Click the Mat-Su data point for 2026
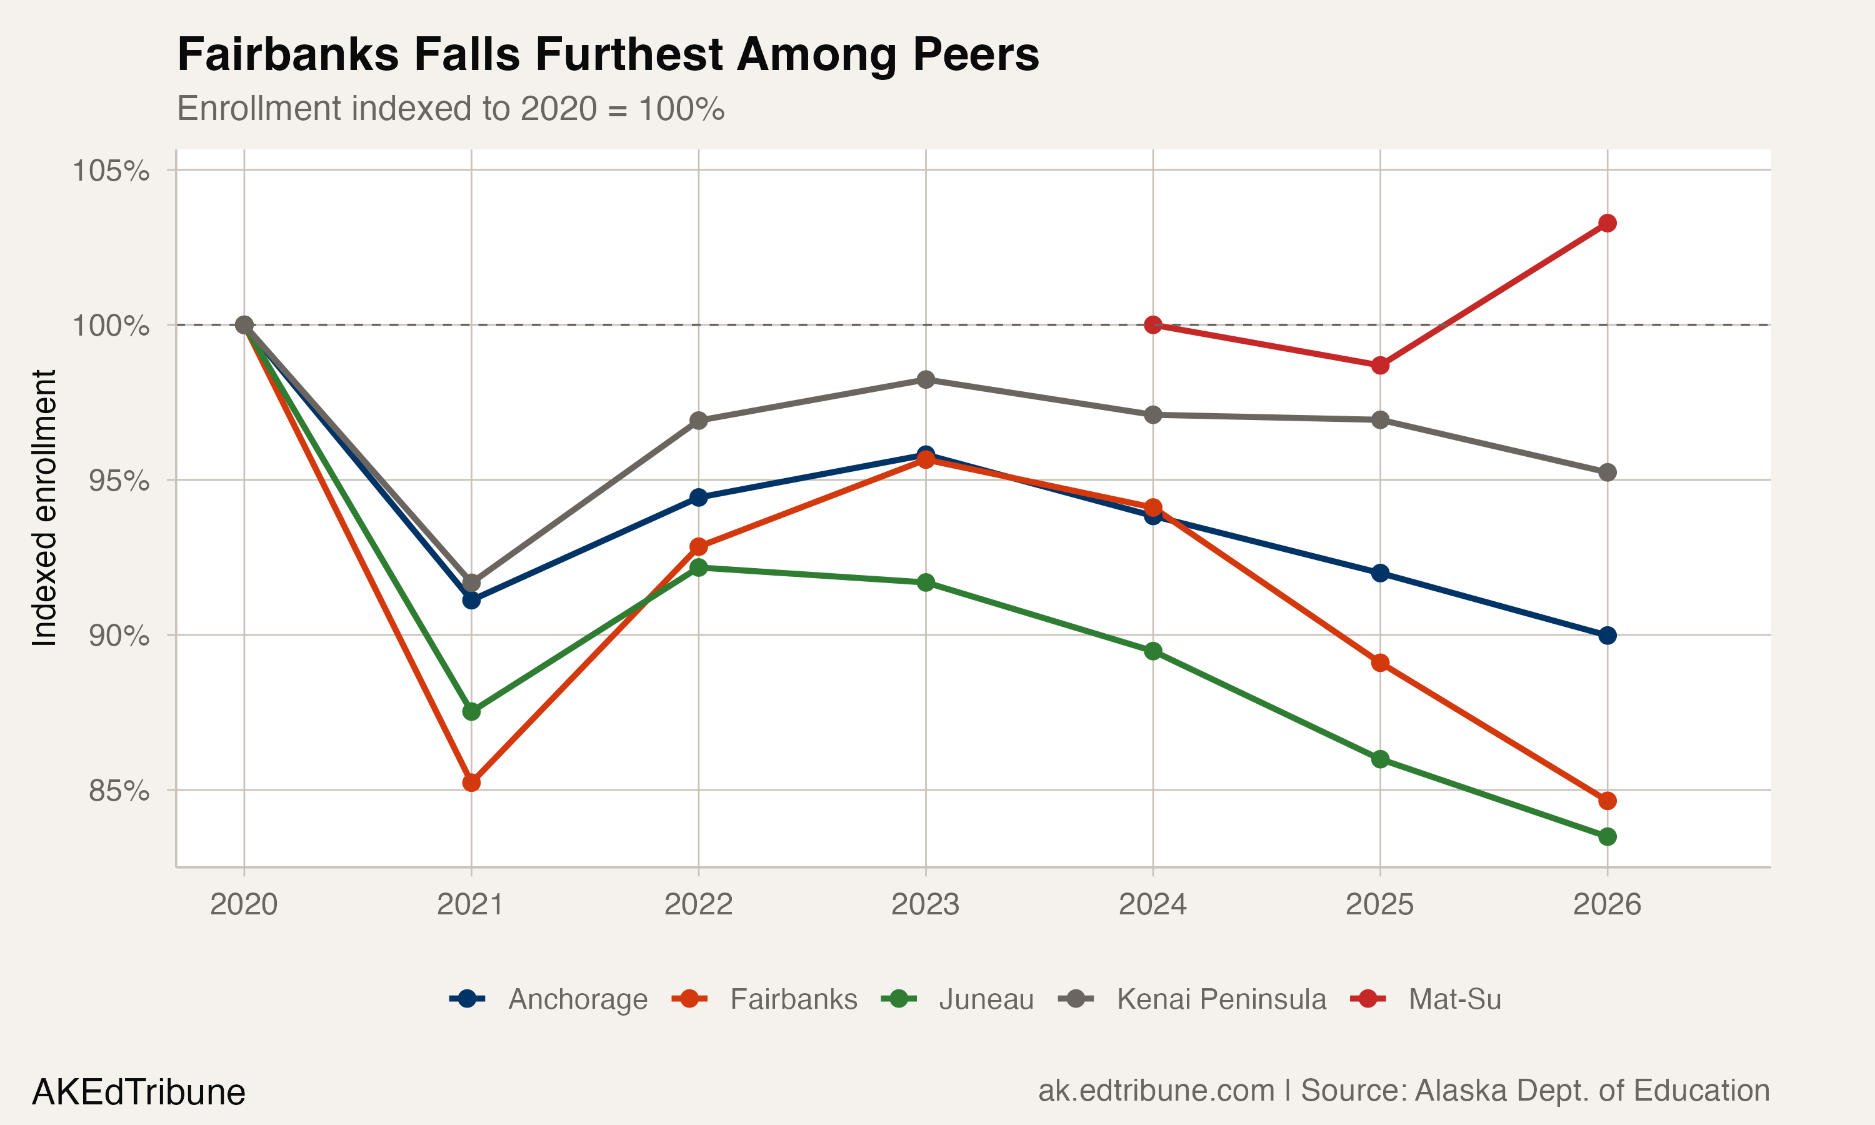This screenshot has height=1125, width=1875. pos(1607,223)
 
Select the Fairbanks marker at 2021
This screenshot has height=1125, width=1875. pos(471,782)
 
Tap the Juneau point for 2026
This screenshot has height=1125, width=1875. pos(1607,837)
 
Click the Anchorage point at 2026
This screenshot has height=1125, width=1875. pos(1607,635)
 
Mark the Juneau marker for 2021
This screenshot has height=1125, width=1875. pos(471,712)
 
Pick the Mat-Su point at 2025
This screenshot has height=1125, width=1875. pos(1380,366)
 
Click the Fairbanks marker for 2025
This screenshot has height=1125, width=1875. pos(1380,663)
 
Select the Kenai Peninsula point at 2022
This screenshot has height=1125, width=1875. pos(699,421)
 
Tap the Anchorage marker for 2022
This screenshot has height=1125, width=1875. pos(699,497)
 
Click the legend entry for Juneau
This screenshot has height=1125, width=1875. pos(985,999)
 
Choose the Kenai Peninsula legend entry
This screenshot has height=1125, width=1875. pos(1220,999)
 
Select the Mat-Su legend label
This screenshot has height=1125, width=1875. pos(1454,999)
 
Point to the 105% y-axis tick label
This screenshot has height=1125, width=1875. pos(111,171)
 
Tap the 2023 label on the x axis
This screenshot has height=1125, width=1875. pos(926,904)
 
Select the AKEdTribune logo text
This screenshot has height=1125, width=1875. pos(139,1092)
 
